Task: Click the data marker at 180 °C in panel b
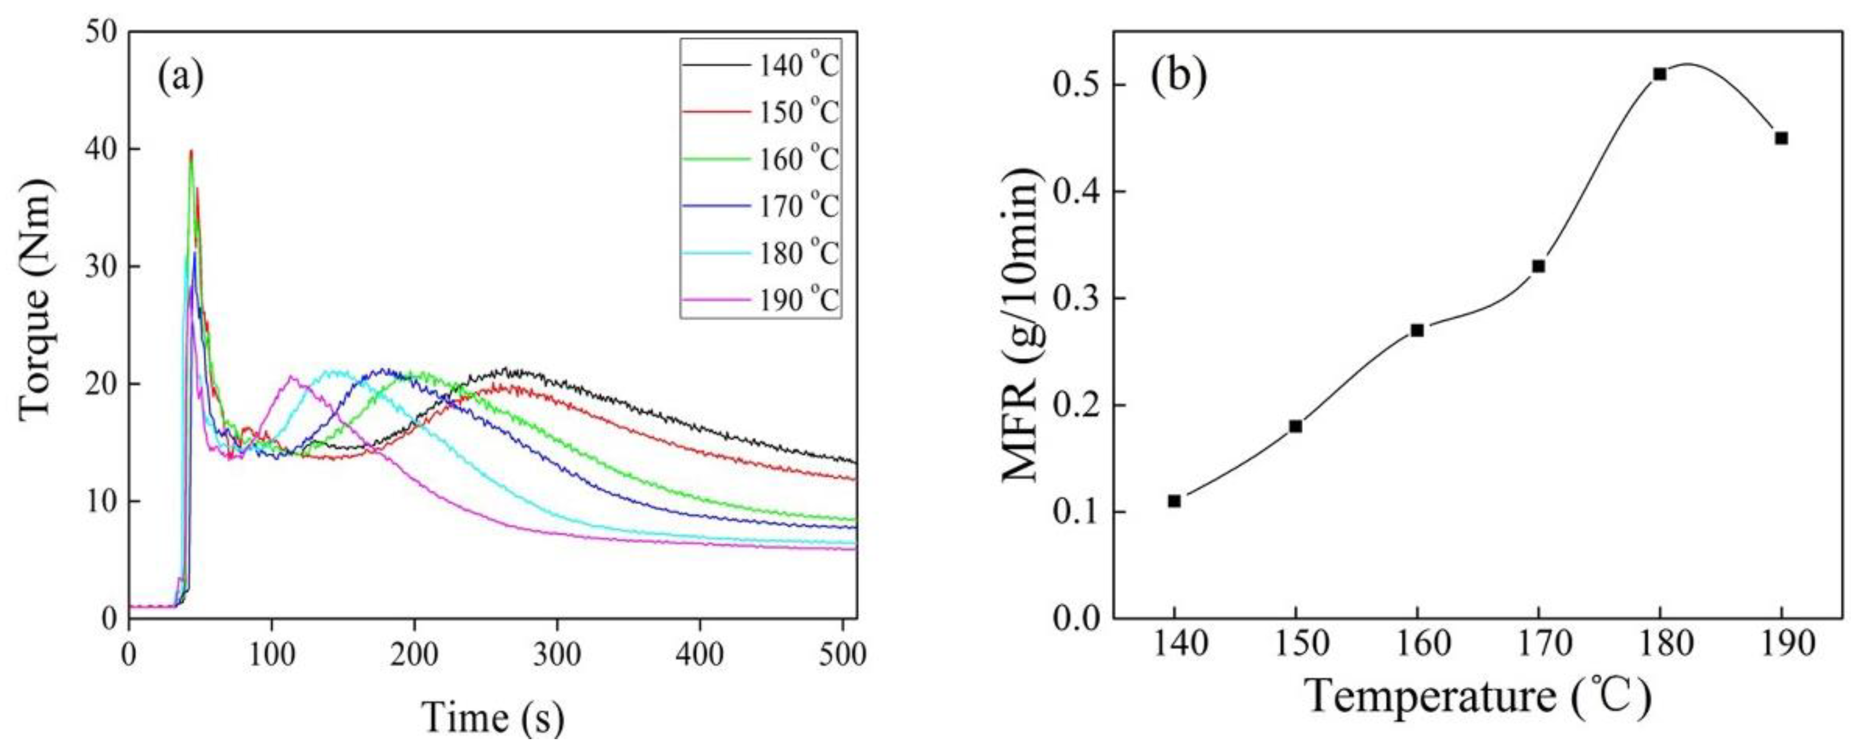(x=1660, y=74)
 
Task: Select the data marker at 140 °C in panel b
(x=1174, y=501)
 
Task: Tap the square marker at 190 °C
(x=1781, y=138)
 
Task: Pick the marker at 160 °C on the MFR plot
(x=1417, y=330)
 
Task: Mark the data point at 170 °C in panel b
(x=1538, y=266)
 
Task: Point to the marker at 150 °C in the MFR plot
(x=1295, y=426)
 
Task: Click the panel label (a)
(x=181, y=77)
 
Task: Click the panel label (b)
(x=1178, y=77)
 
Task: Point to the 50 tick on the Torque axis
(x=101, y=33)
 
